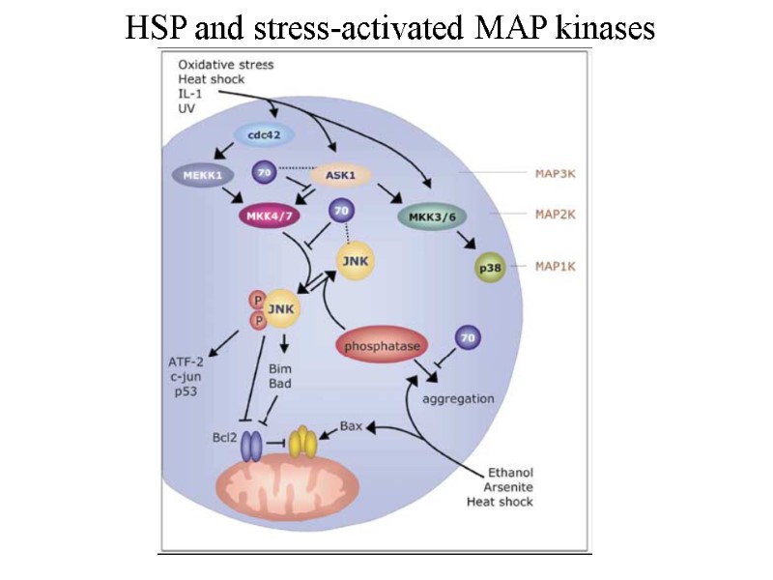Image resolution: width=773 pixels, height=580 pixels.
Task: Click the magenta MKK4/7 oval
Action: pyautogui.click(x=271, y=217)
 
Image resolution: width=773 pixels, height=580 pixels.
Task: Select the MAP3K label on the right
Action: pyautogui.click(x=557, y=175)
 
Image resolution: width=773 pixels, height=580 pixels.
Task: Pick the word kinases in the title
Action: pyautogui.click(x=600, y=29)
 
